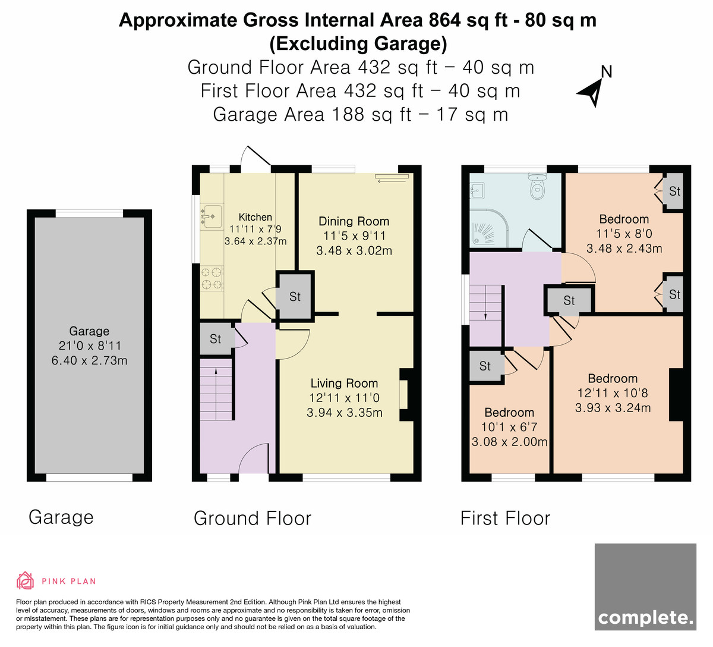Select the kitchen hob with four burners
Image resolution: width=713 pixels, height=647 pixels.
click(x=212, y=278)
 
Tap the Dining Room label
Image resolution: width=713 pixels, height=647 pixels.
click(x=354, y=221)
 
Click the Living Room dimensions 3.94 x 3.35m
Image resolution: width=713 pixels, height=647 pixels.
click(x=345, y=413)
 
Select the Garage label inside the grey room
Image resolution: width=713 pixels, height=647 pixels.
click(x=89, y=331)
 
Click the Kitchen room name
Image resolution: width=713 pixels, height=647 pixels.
click(x=255, y=217)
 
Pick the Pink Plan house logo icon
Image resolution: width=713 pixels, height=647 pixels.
click(x=25, y=580)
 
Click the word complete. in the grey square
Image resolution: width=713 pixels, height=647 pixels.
click(x=646, y=618)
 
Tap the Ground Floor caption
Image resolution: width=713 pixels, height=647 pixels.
click(x=253, y=518)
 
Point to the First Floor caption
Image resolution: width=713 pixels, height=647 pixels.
click(x=505, y=518)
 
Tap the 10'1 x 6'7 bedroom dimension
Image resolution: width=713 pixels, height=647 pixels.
click(x=509, y=427)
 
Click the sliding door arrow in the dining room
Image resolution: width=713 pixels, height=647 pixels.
click(x=392, y=181)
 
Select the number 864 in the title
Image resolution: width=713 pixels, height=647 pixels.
click(x=444, y=20)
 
